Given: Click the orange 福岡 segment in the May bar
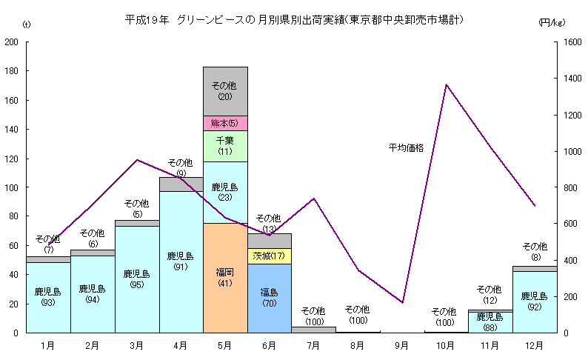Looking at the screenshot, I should [225, 278].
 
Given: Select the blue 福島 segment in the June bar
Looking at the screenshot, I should [269, 298].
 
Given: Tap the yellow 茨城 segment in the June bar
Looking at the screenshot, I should [269, 256].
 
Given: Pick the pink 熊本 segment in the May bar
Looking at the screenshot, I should [225, 123].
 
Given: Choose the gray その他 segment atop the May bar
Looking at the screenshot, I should [225, 91].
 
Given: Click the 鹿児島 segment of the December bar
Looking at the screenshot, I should [534, 301].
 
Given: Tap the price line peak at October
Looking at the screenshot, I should [446, 84].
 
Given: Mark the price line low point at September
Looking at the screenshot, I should [402, 302].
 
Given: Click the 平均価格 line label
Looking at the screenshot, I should [406, 148].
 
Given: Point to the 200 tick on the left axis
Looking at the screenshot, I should [12, 42].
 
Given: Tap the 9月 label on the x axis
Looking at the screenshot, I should [402, 345].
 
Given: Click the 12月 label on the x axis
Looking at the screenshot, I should [534, 345].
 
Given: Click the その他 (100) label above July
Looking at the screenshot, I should [313, 316].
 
